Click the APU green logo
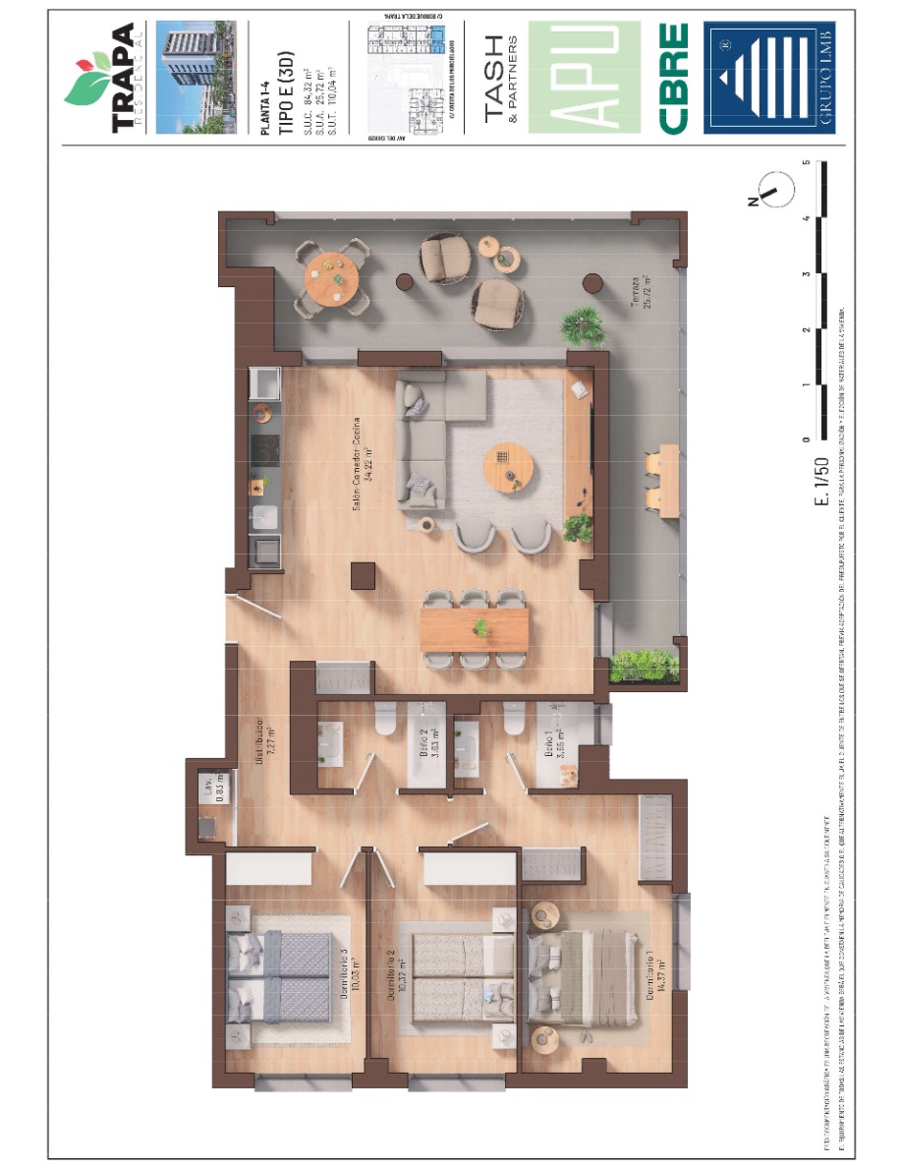coord(586,78)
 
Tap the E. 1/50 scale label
coord(822,479)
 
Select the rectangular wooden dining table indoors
coord(475,628)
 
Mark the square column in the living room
coord(364,575)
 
